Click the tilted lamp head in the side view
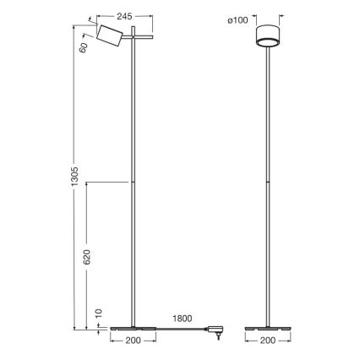point(107,36)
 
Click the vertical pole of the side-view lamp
point(134,186)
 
